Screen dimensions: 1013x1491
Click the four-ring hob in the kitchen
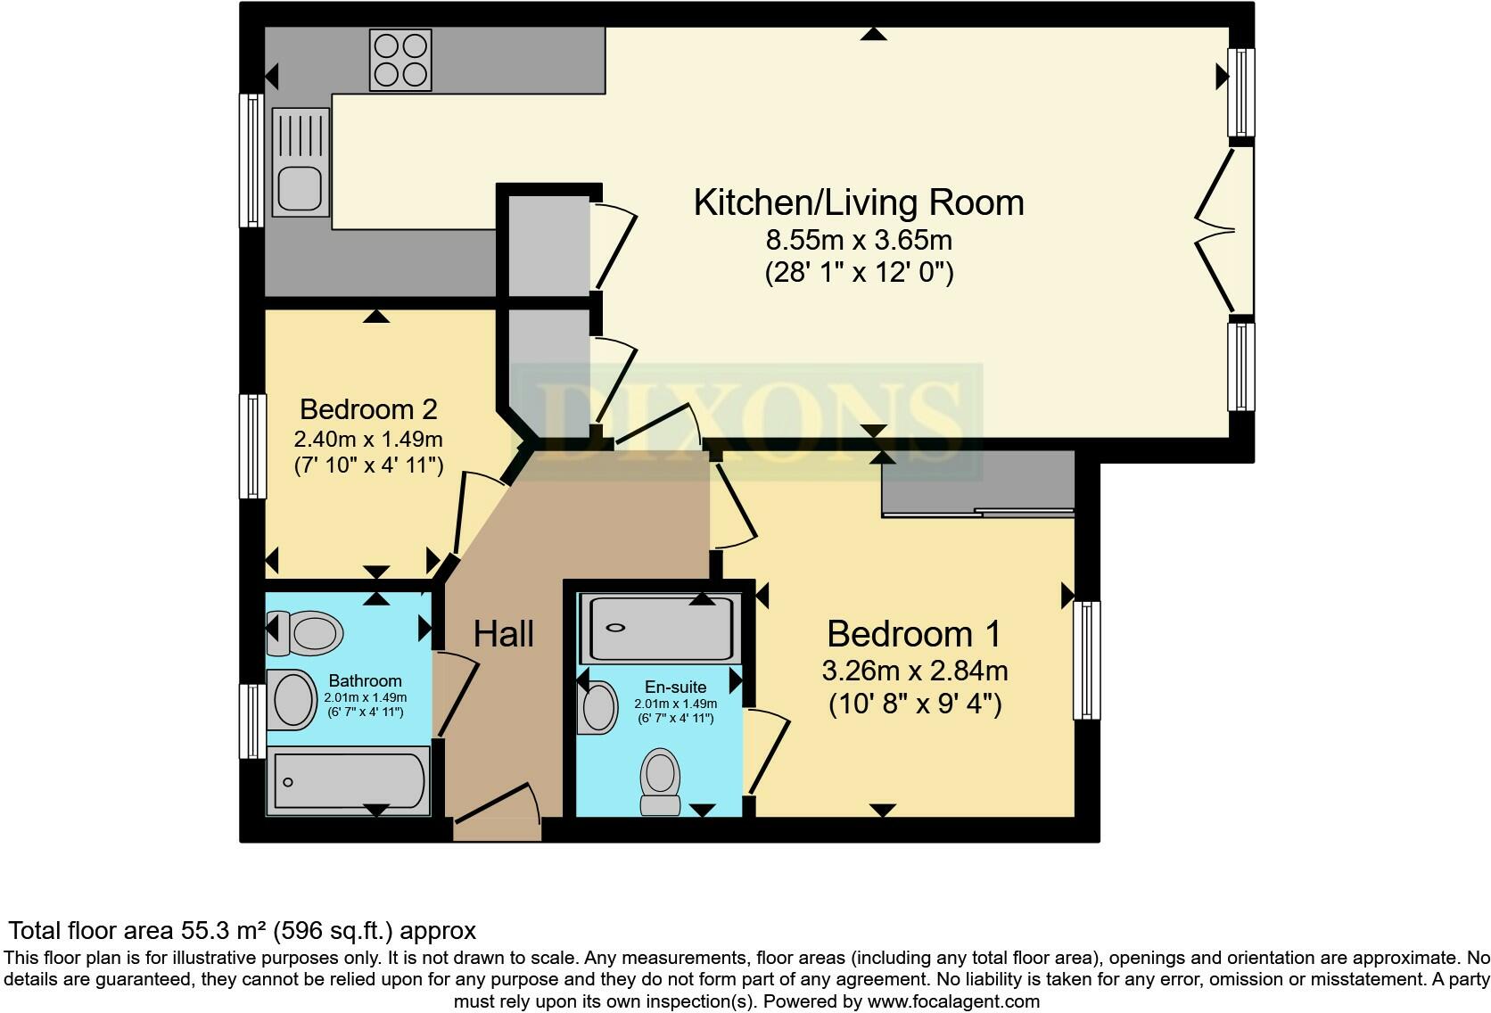click(400, 60)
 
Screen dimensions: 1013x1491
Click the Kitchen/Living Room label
click(858, 202)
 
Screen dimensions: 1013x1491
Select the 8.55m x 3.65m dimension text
click(858, 240)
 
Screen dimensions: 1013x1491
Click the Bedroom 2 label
click(368, 409)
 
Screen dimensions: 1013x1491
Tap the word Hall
click(503, 634)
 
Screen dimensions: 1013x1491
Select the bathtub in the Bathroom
click(350, 780)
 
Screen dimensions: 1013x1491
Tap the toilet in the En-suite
click(661, 781)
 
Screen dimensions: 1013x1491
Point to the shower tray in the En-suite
click(658, 627)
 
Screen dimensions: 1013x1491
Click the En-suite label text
click(675, 687)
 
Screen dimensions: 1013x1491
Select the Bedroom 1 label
click(913, 634)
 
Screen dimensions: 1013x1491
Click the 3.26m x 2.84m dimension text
click(914, 671)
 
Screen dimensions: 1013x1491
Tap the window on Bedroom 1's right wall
click(1086, 660)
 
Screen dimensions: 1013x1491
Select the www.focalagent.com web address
click(952, 1001)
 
